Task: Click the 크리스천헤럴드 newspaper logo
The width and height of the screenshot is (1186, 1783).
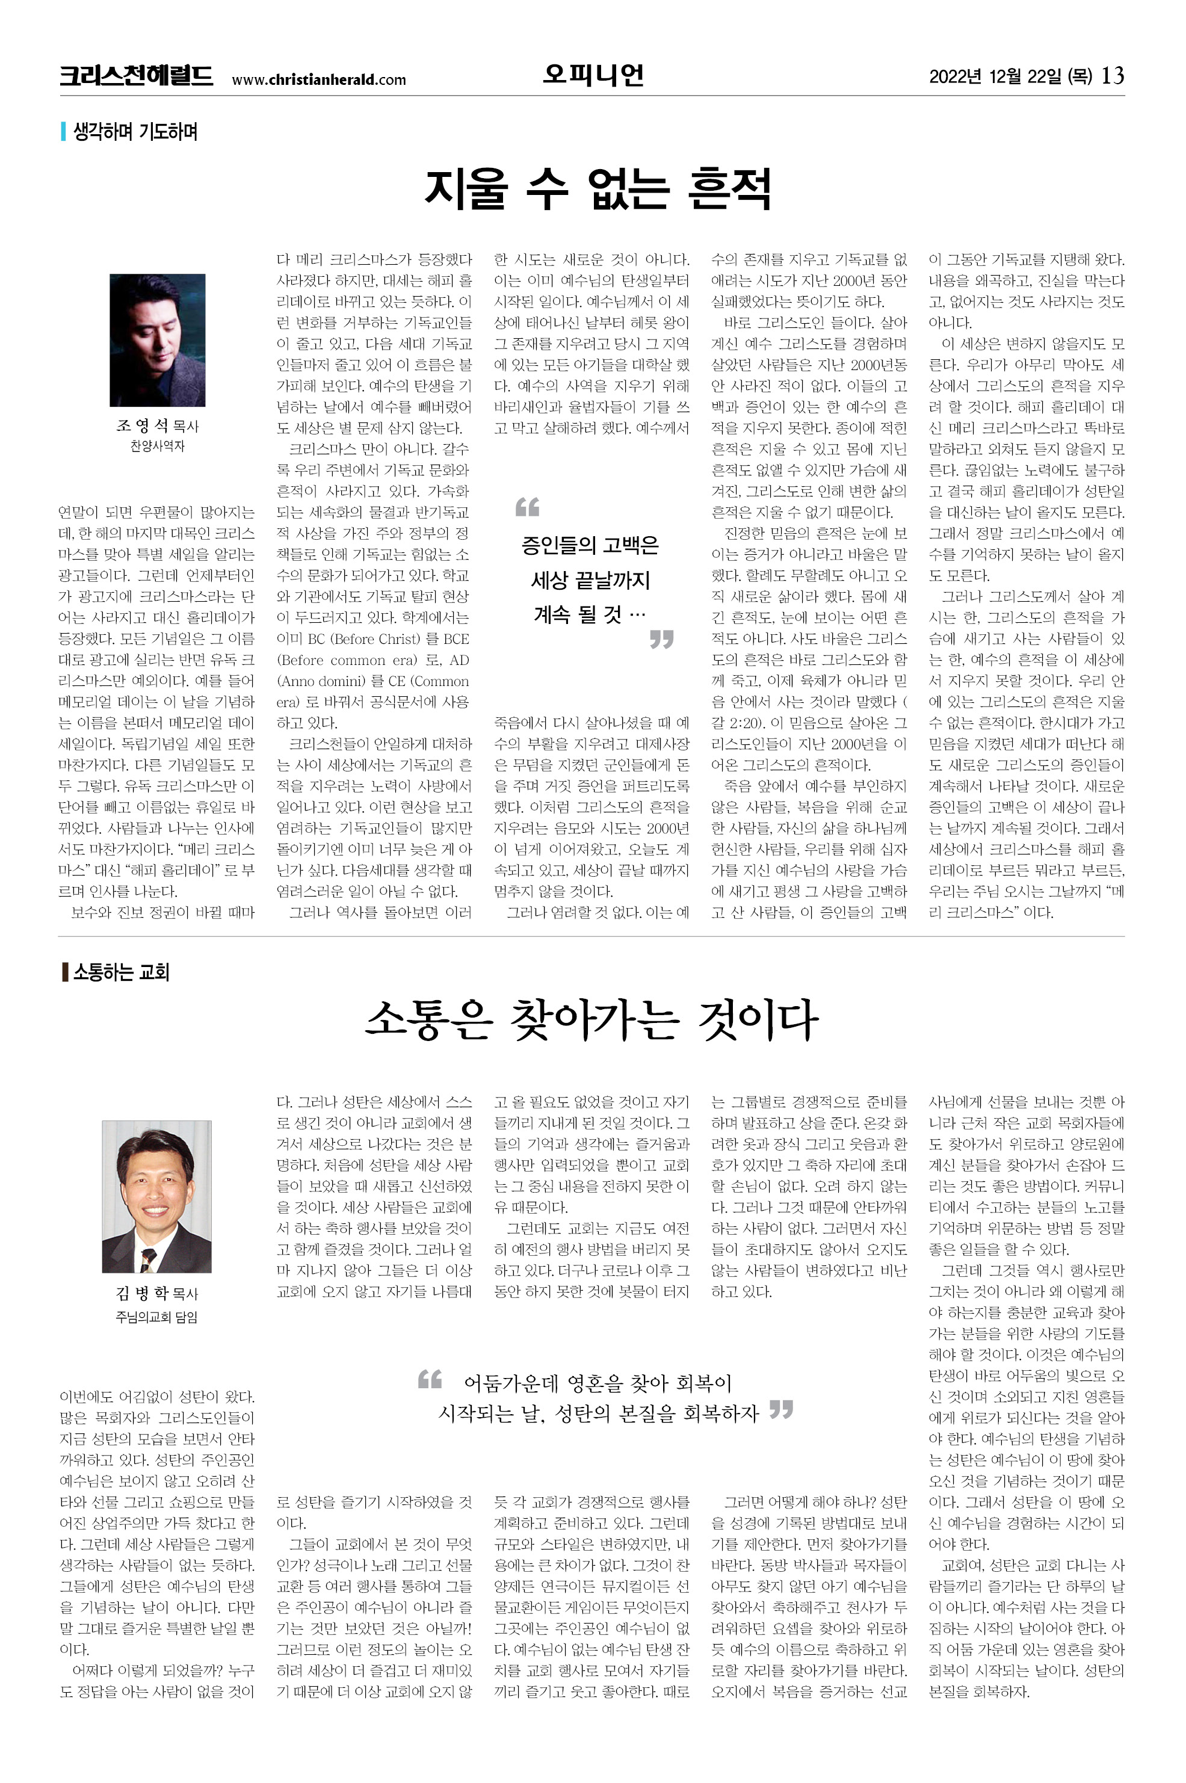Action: click(x=136, y=76)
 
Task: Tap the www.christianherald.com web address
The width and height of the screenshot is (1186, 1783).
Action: click(x=318, y=79)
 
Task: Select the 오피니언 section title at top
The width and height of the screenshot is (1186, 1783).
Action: click(x=592, y=74)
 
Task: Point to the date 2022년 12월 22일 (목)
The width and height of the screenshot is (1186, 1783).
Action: click(x=1010, y=76)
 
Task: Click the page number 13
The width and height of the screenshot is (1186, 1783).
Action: click(x=1113, y=76)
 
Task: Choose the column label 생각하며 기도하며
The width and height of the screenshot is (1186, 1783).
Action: click(x=135, y=132)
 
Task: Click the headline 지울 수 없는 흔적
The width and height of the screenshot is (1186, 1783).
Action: click(x=597, y=188)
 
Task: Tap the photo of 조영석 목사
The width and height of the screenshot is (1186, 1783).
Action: click(x=157, y=339)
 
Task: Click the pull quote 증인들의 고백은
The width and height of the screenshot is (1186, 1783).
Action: click(x=590, y=545)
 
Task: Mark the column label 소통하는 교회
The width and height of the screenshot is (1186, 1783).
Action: click(x=121, y=971)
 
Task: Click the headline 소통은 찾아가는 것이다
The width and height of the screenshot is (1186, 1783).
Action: click(x=591, y=1020)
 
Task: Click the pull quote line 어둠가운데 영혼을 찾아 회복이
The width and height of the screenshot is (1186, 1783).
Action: click(x=598, y=1383)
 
